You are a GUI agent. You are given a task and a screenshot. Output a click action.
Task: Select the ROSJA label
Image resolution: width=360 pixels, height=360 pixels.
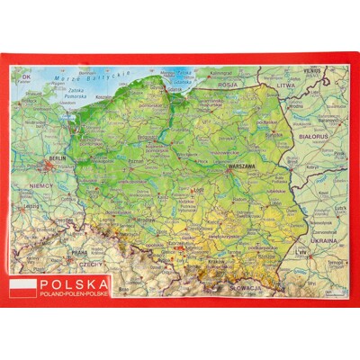227,86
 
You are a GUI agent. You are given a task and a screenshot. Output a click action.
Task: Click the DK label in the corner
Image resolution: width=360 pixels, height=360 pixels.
26,76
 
